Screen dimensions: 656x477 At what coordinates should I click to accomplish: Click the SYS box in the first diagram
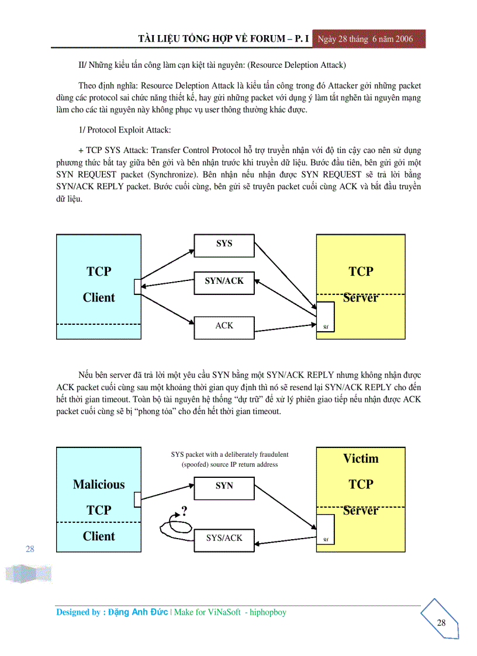coord(224,245)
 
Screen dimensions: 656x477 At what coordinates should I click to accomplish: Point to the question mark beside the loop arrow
coord(184,512)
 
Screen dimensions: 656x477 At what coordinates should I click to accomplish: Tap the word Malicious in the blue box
coord(99,484)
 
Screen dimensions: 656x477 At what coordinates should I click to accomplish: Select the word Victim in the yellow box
coord(361,459)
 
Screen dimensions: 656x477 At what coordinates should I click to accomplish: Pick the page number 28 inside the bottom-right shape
coord(441,623)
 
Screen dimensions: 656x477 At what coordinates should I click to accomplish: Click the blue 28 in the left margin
coord(30,549)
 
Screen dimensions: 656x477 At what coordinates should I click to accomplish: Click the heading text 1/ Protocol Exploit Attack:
coord(125,130)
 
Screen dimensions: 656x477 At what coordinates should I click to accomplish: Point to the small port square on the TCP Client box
coord(137,286)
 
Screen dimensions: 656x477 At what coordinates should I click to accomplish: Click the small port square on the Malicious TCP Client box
coord(137,499)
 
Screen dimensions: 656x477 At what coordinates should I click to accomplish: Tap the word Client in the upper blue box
coord(99,297)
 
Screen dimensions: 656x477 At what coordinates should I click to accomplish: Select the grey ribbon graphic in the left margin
coord(28,573)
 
